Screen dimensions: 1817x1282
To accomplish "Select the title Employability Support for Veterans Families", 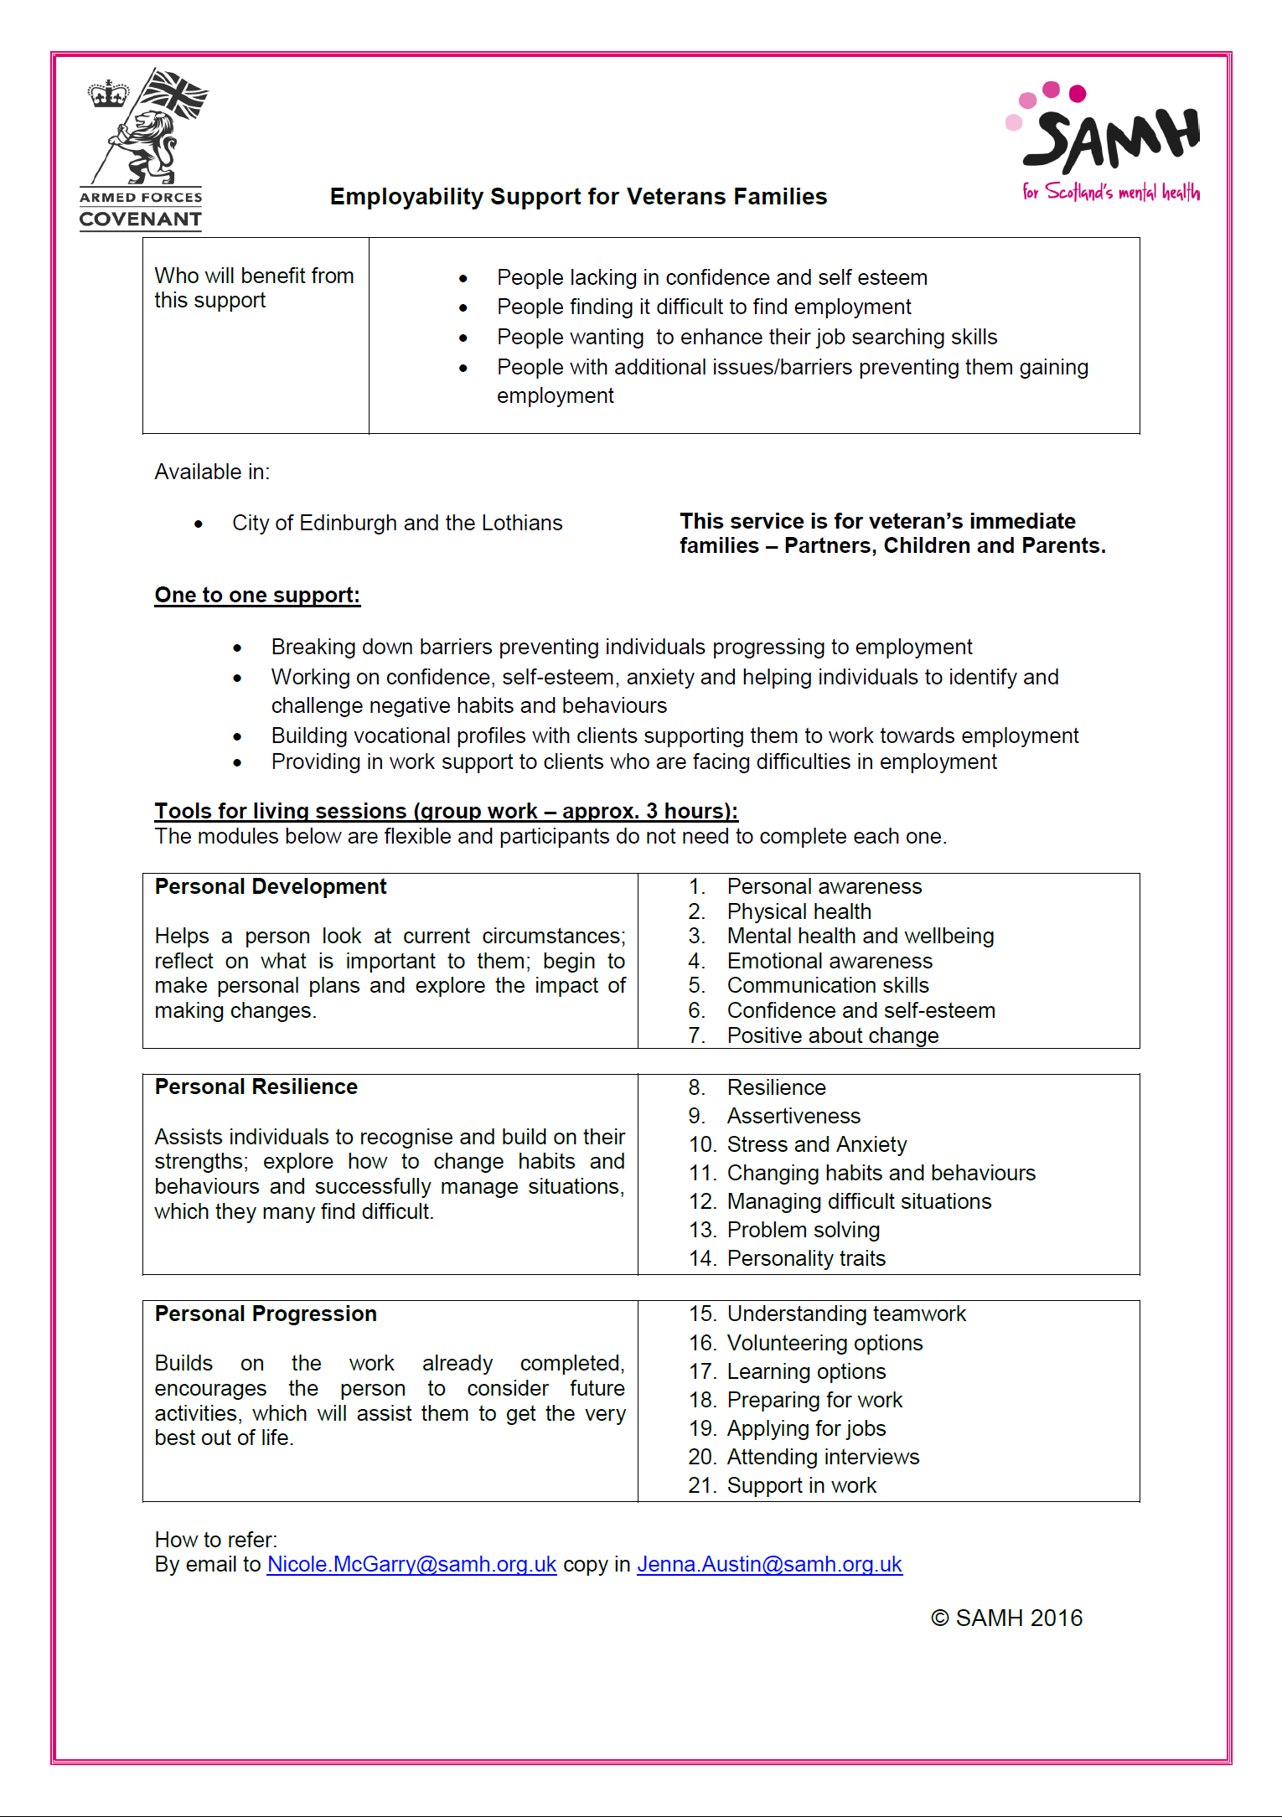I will coord(578,197).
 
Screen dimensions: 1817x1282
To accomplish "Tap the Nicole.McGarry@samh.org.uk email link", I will coord(411,1565).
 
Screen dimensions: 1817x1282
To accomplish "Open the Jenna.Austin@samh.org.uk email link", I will coord(769,1565).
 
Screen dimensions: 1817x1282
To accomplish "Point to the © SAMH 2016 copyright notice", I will coord(1006,1618).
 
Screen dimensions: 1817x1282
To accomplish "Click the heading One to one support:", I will coord(257,596).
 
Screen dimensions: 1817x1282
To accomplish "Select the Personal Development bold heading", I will coord(271,887).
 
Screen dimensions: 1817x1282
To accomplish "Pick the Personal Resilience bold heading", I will coord(256,1087).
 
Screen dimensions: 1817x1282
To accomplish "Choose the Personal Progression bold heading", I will coord(266,1314).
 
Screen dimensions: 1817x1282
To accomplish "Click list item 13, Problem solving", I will coord(803,1231).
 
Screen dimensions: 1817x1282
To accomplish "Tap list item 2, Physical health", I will coord(799,912).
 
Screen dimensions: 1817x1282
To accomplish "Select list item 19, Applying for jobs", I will coord(806,1429).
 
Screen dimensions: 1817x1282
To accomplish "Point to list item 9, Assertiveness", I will coord(793,1117).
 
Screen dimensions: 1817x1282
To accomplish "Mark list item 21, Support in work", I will coord(801,1486).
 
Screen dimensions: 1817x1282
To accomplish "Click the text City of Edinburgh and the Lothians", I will coord(397,524).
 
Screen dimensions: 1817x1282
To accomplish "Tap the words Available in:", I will coord(212,472).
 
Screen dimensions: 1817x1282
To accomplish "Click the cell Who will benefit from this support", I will coord(254,288).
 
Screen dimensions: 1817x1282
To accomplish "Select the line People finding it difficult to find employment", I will coord(704,307).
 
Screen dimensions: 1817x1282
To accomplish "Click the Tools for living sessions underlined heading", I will coord(446,812).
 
